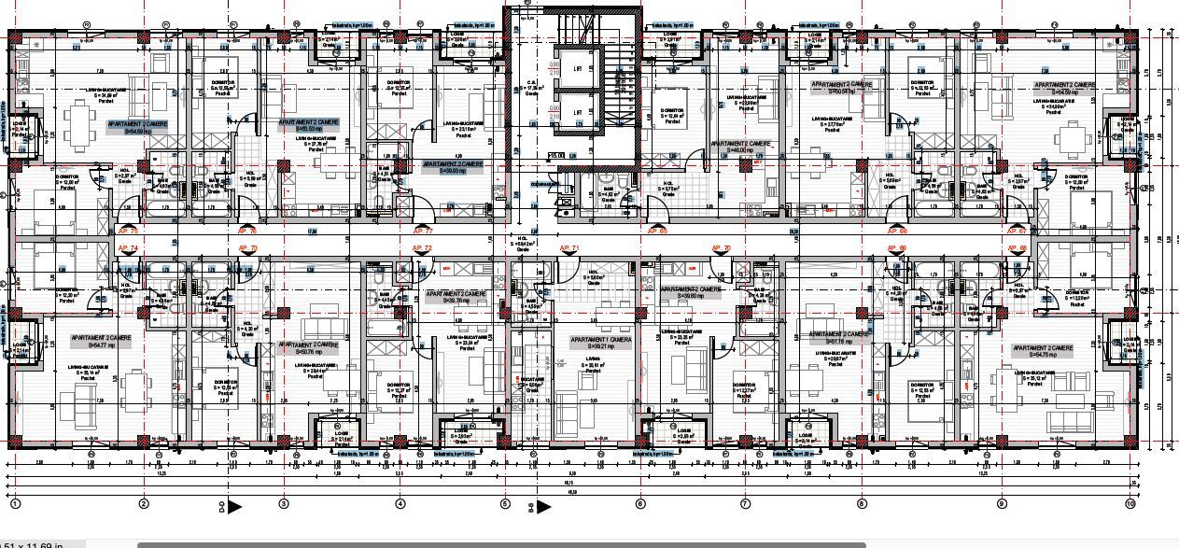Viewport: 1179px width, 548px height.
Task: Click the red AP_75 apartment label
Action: pyautogui.click(x=128, y=230)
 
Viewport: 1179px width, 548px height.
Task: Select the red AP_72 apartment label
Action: pyautogui.click(x=422, y=248)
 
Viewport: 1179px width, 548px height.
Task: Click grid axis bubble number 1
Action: pyautogui.click(x=15, y=504)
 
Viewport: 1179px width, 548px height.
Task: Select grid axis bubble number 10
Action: pyautogui.click(x=1130, y=504)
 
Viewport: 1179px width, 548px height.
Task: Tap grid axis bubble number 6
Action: pyautogui.click(x=640, y=504)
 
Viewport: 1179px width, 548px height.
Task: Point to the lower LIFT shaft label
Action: pyautogui.click(x=578, y=111)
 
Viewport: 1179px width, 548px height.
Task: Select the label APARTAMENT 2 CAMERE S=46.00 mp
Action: pyautogui.click(x=740, y=148)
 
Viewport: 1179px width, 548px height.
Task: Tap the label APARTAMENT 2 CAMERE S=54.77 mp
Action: pyautogui.click(x=105, y=341)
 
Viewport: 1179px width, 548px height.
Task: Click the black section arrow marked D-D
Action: pyautogui.click(x=234, y=507)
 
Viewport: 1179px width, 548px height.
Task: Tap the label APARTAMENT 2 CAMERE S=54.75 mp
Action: pyautogui.click(x=1042, y=351)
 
